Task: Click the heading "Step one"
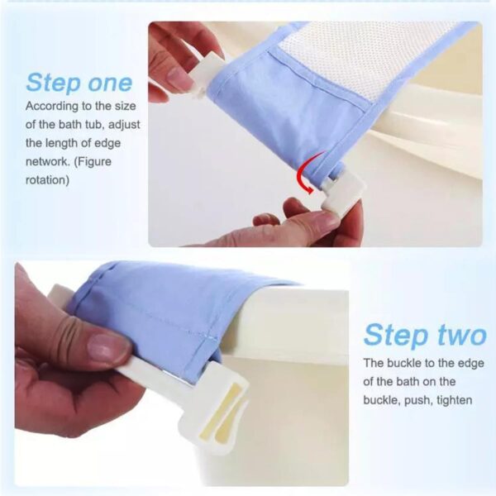[x=79, y=83]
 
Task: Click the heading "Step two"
[x=424, y=335]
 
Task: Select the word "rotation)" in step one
[x=49, y=177]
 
